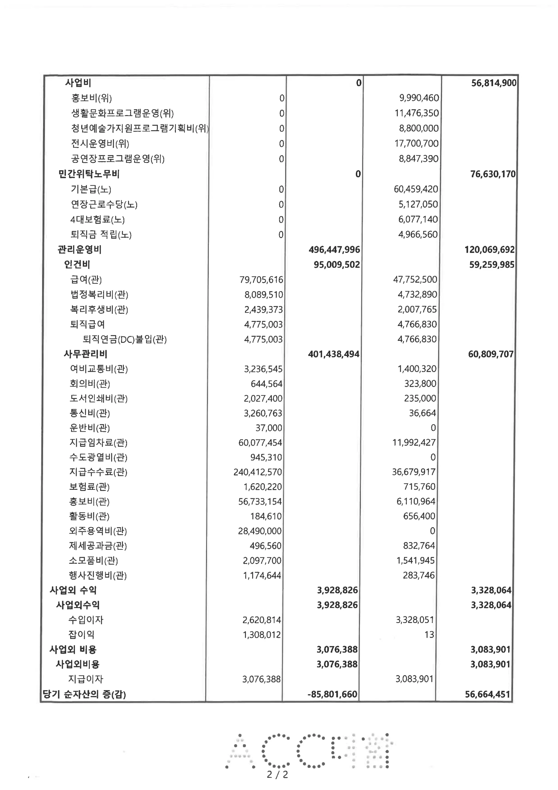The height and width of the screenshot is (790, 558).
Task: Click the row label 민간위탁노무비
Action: (x=89, y=174)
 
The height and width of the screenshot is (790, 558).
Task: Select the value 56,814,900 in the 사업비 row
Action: (x=494, y=83)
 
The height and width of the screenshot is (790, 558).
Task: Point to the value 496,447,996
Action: (x=334, y=250)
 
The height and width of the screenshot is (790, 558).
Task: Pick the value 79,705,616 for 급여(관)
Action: (x=261, y=280)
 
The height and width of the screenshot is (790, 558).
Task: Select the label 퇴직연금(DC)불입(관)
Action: (x=125, y=340)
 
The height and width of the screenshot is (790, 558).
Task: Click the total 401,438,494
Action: (x=334, y=354)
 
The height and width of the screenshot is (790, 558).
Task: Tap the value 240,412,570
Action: (x=257, y=472)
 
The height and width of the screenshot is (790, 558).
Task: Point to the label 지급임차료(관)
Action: (x=98, y=442)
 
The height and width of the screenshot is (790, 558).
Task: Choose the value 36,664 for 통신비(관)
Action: (x=422, y=413)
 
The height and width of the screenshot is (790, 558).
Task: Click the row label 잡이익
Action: (x=81, y=635)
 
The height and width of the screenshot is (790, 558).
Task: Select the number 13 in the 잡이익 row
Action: (x=429, y=635)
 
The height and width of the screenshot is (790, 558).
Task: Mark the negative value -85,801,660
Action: (x=332, y=694)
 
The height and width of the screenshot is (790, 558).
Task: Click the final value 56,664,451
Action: (x=487, y=694)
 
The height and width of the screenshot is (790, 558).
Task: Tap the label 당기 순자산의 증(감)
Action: (x=84, y=694)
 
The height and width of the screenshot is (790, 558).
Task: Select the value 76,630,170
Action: (x=493, y=174)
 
